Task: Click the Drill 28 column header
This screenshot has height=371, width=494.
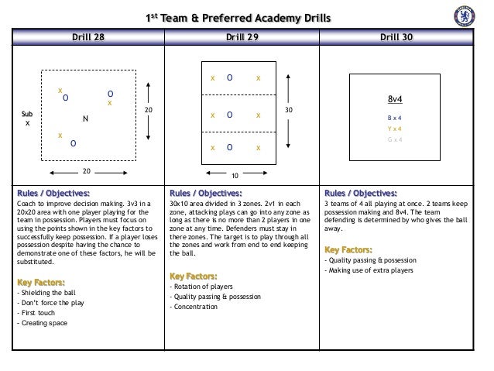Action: click(87, 36)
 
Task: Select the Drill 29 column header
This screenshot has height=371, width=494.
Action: click(243, 36)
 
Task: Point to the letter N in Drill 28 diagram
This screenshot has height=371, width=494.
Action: click(86, 119)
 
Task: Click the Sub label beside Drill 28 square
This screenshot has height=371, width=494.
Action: click(27, 114)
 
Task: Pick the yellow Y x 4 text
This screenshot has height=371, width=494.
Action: click(395, 129)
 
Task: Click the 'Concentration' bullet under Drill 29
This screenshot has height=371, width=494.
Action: click(197, 307)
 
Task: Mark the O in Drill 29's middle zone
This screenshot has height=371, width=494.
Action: click(230, 115)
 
